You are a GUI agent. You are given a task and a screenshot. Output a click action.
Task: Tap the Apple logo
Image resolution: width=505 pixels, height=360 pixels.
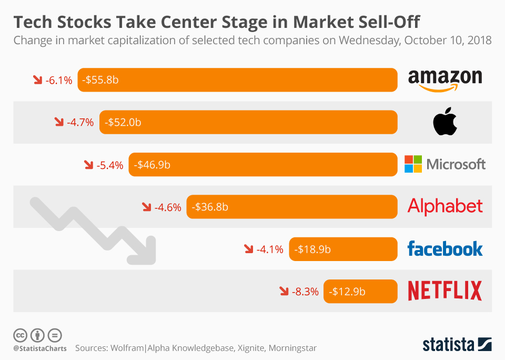(x=445, y=123)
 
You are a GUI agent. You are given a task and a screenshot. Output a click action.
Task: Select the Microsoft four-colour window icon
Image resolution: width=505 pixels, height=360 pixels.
(x=413, y=164)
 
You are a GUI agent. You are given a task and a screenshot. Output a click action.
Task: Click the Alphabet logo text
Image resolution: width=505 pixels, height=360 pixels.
(x=445, y=206)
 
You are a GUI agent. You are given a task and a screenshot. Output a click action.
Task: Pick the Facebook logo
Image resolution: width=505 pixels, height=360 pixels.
(x=445, y=248)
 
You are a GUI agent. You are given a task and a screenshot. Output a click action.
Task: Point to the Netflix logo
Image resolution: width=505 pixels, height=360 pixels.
(x=445, y=291)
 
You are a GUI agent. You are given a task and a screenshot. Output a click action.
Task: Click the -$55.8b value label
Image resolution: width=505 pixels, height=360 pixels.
(x=100, y=80)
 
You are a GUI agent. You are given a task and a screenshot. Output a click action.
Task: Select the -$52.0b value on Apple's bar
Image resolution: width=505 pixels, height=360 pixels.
(x=123, y=123)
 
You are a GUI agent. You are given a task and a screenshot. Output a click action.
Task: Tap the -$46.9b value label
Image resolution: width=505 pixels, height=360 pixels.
(x=152, y=165)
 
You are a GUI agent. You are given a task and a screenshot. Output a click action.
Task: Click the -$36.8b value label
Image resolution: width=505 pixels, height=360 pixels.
(x=210, y=207)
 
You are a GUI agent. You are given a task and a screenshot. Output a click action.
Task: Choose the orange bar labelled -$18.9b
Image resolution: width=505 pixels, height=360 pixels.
(x=343, y=249)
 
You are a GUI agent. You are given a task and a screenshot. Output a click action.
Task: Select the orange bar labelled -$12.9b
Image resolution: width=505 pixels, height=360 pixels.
(x=360, y=291)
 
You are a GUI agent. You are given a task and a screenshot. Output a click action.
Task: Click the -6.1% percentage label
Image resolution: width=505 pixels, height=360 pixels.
(x=58, y=81)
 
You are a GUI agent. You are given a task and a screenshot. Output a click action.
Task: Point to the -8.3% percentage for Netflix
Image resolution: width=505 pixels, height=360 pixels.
(x=305, y=291)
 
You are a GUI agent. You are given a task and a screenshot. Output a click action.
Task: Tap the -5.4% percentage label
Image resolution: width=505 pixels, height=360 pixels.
(x=110, y=165)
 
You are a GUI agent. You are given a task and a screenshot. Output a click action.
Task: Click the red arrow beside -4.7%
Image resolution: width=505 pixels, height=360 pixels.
(x=59, y=122)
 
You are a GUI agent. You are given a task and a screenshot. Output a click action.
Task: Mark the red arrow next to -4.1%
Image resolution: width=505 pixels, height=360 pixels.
(x=249, y=248)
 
